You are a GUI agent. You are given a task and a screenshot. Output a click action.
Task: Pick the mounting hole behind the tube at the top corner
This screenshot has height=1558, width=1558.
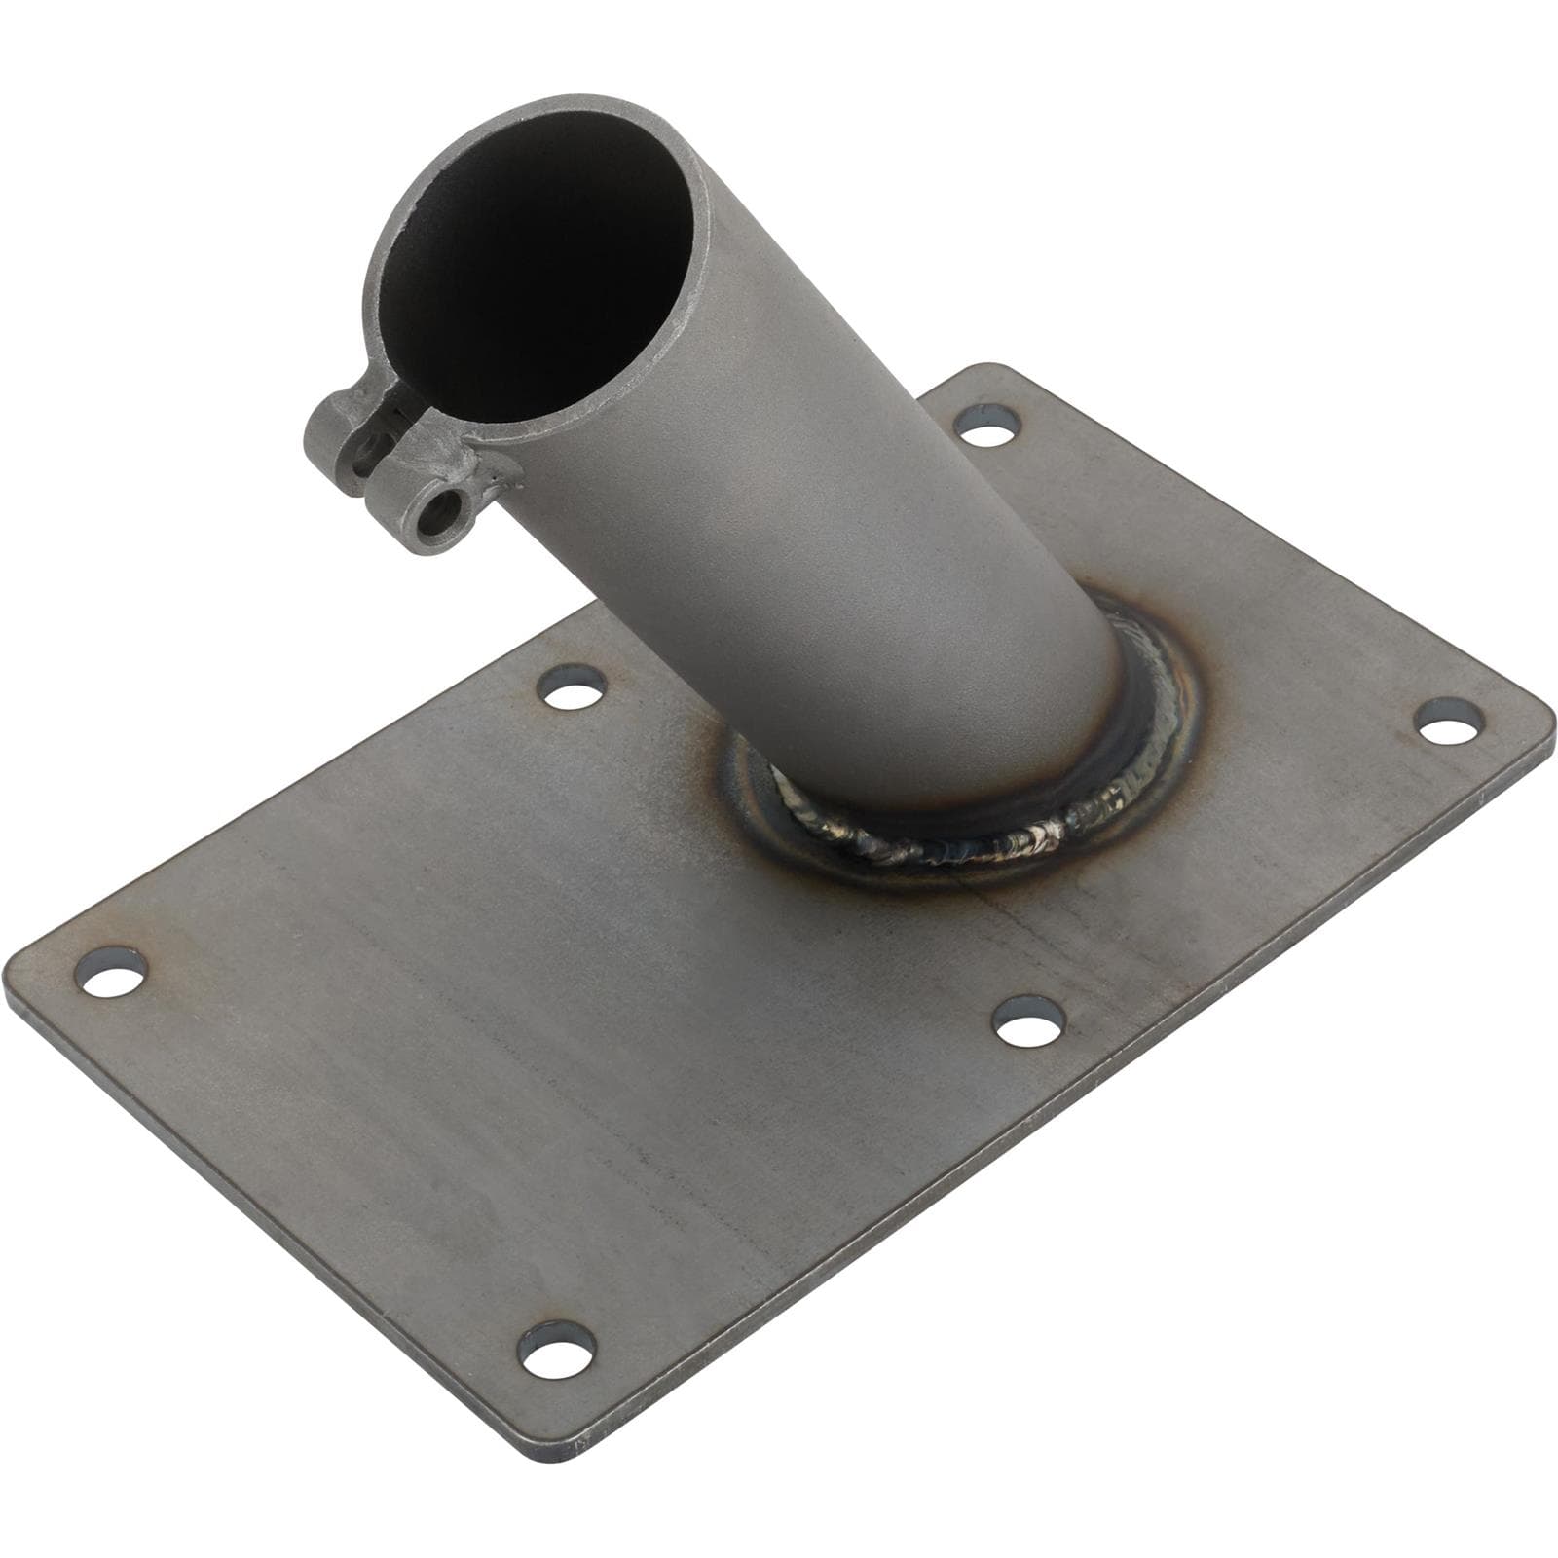pos(987,426)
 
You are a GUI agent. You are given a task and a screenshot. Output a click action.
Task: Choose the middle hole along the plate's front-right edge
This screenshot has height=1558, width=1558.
pos(1029,1019)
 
